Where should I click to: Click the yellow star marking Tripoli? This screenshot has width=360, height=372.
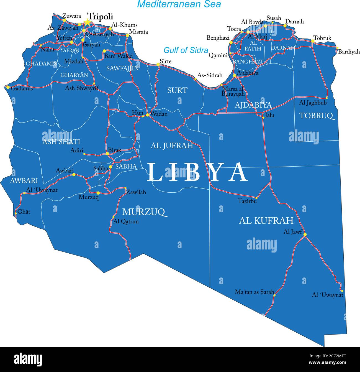[x=88, y=22]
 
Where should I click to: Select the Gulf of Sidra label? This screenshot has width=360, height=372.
[x=186, y=50]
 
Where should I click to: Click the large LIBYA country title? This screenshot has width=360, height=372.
[x=197, y=172]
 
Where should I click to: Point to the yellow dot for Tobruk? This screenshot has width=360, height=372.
[x=313, y=41]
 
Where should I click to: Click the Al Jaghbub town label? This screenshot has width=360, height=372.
[x=313, y=103]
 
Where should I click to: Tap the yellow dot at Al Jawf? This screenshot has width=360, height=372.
[x=305, y=235]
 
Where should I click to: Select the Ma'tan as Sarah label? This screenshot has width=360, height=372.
[x=254, y=292]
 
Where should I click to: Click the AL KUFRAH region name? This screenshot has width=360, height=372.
[x=266, y=220]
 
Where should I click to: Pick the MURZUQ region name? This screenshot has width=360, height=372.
[x=145, y=212]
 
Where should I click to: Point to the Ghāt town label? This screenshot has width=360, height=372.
[x=24, y=212]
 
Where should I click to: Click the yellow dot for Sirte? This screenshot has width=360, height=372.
[x=158, y=64]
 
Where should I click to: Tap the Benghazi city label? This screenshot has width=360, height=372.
[x=218, y=38]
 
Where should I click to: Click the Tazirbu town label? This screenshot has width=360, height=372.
[x=247, y=201]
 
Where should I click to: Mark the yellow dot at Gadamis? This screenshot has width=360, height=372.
[x=8, y=87]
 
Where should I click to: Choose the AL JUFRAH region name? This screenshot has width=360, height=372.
[x=172, y=146]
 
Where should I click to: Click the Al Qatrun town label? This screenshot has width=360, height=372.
[x=126, y=221]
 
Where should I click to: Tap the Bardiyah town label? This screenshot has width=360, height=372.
[x=349, y=52]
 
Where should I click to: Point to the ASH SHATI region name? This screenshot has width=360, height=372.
[x=61, y=142]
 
